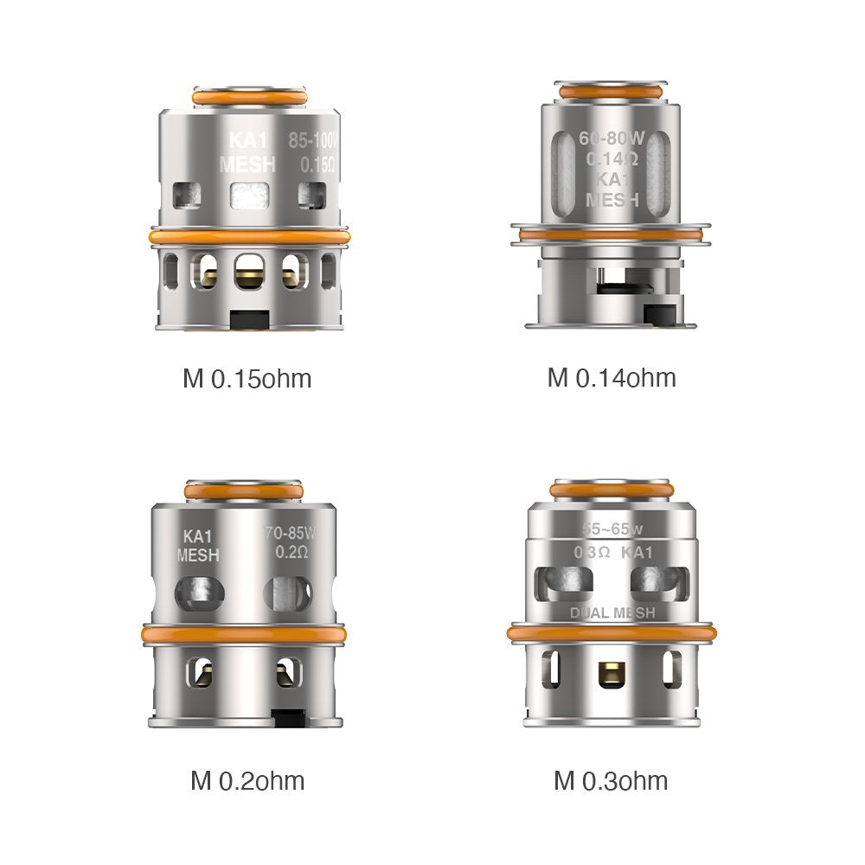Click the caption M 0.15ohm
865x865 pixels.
[247, 379]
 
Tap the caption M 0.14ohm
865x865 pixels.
[612, 378]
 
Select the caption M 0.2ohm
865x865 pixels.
[247, 781]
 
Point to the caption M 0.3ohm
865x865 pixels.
[611, 781]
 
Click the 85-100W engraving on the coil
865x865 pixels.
[317, 139]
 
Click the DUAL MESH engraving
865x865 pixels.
[612, 613]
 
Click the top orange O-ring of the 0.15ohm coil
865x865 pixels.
[248, 98]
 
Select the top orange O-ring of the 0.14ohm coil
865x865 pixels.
[611, 91]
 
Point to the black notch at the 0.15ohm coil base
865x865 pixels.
[248, 320]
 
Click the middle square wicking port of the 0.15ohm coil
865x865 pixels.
[248, 195]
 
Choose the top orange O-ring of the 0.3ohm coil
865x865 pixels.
[612, 490]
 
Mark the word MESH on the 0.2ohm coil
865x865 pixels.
[198, 555]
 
